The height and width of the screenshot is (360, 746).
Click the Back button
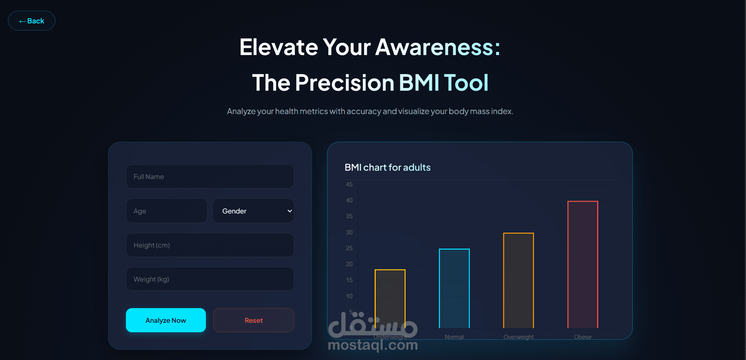point(32,21)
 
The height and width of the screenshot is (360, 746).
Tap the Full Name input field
point(210,177)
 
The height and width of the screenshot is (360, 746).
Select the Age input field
point(166,211)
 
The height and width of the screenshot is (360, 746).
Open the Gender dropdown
point(253,211)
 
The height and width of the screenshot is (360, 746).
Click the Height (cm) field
point(210,245)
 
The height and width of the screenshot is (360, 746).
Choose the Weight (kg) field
point(210,279)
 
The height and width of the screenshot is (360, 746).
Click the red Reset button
point(254,320)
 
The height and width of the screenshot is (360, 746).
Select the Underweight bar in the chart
point(390,299)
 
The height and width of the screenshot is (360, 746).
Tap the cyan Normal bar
point(454,288)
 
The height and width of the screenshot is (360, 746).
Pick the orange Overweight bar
point(519,280)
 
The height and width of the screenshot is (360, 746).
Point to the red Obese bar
point(583,265)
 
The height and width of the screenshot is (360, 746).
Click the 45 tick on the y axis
point(349,185)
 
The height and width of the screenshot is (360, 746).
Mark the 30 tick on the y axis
point(349,232)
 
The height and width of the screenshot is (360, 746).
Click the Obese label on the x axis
point(583,337)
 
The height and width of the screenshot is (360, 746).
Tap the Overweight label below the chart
point(519,337)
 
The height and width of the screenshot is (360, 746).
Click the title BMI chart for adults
point(388,168)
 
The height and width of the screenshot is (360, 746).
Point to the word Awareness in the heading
point(438,47)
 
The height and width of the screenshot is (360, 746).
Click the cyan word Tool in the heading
point(466,83)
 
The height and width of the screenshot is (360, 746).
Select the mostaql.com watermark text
point(373,345)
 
